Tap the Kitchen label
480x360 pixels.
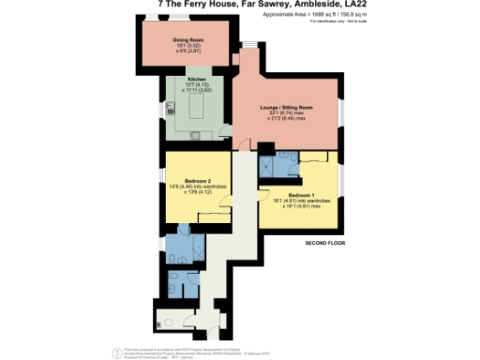(x=197, y=79)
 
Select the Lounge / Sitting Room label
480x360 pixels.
(x=287, y=108)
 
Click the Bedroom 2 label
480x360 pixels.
(x=197, y=179)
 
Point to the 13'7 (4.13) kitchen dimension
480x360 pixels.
(x=196, y=84)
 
